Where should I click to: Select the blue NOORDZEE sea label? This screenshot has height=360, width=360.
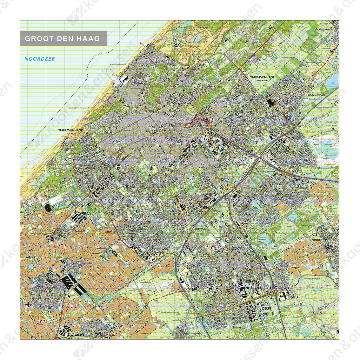coord(40,59)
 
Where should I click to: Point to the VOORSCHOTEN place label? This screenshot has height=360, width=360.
coord(323,29)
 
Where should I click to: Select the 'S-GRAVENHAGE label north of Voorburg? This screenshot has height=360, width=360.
coord(262,77)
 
